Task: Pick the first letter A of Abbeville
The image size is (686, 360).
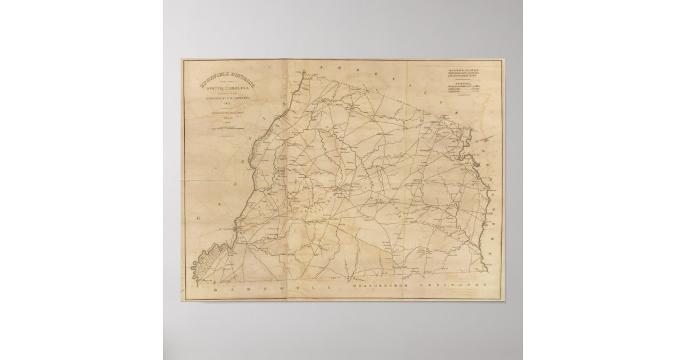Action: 322,68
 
